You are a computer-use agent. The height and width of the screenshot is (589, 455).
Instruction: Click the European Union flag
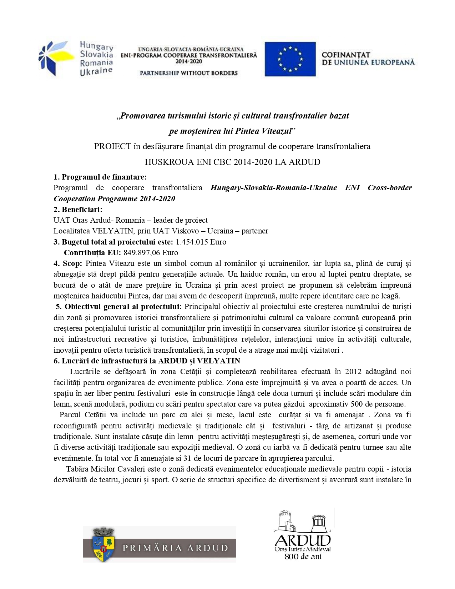(290, 59)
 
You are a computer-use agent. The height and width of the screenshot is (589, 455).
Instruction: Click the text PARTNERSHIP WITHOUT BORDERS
(188, 73)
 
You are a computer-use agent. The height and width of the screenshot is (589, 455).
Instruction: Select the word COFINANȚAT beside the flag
(345, 55)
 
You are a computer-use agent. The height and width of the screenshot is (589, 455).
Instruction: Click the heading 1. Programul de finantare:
(100, 177)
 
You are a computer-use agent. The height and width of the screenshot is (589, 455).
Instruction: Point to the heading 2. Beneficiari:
(78, 210)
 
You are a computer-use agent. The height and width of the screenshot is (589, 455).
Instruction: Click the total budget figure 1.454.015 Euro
(201, 242)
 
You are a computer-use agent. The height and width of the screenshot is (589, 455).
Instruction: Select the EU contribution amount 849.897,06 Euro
(151, 253)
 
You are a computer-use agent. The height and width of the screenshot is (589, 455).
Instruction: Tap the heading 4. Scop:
(68, 263)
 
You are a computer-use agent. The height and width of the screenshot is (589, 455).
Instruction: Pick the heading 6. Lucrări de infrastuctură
(147, 361)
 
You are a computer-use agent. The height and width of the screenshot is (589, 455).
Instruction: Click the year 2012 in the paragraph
(353, 372)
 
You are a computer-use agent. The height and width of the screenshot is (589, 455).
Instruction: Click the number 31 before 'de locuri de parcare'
(187, 458)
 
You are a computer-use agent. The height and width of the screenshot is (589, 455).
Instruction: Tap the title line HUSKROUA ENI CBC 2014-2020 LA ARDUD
(232, 162)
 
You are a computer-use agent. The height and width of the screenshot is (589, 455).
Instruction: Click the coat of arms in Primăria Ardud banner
(103, 544)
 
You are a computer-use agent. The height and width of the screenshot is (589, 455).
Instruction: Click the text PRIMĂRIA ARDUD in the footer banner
(175, 548)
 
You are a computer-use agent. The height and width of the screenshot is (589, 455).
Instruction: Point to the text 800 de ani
(303, 557)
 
